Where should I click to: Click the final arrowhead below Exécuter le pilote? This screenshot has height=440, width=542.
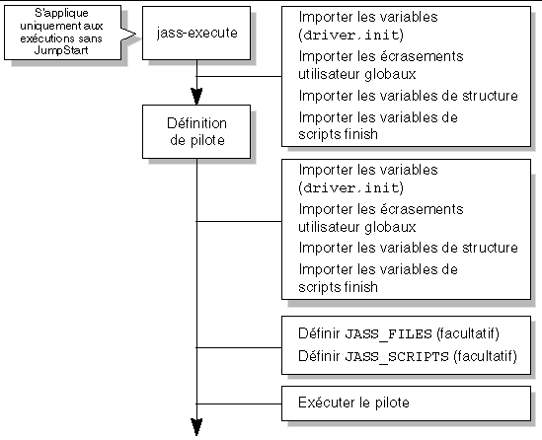[196, 427]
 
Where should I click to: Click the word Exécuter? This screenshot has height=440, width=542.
[324, 403]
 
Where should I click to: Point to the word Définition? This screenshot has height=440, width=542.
[196, 122]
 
